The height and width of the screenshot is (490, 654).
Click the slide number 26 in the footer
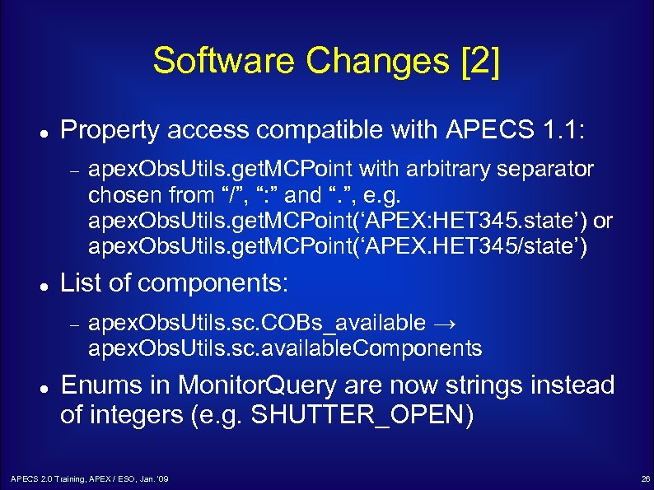(645, 478)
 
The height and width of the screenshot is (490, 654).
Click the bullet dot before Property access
(40, 132)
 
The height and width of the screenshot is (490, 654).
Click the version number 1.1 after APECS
(568, 129)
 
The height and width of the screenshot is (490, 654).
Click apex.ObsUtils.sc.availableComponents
(285, 348)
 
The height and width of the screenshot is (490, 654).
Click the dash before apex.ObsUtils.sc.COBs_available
(73, 324)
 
